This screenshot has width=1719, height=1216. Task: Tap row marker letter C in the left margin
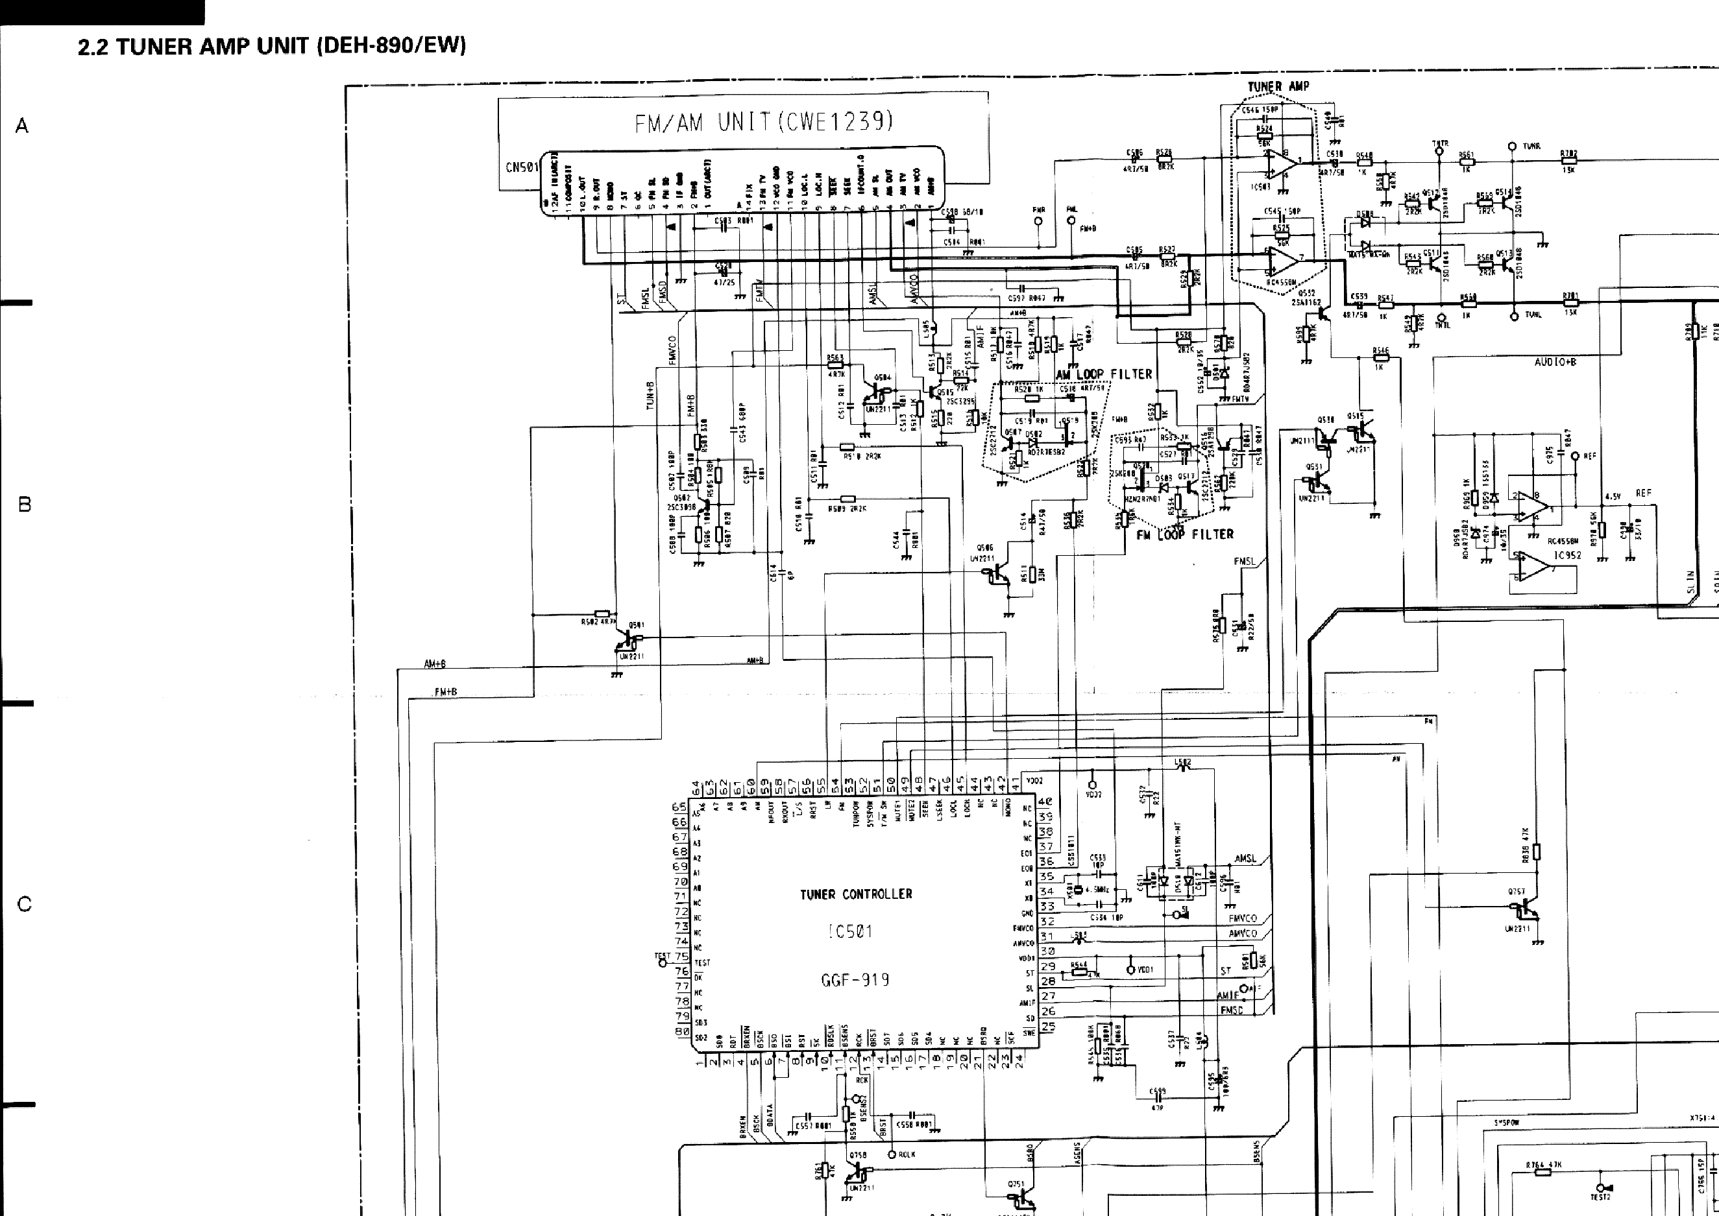[x=24, y=904]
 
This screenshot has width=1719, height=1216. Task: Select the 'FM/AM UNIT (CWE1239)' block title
[x=764, y=121]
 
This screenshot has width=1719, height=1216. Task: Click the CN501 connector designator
[x=522, y=167]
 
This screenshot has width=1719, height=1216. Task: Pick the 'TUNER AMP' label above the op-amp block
[x=1278, y=87]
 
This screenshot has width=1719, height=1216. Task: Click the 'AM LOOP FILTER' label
[x=1103, y=374]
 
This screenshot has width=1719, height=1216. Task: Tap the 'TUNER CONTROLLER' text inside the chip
[x=855, y=894]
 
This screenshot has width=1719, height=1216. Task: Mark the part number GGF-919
[x=855, y=980]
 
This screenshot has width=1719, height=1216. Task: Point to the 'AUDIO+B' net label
[x=1555, y=363]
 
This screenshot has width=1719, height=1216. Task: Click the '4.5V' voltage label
[x=1613, y=496]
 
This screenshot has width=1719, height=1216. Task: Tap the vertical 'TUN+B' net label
[x=651, y=396]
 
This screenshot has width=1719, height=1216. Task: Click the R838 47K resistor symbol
[x=1536, y=852]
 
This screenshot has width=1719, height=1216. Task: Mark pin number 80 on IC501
[x=681, y=1031]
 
